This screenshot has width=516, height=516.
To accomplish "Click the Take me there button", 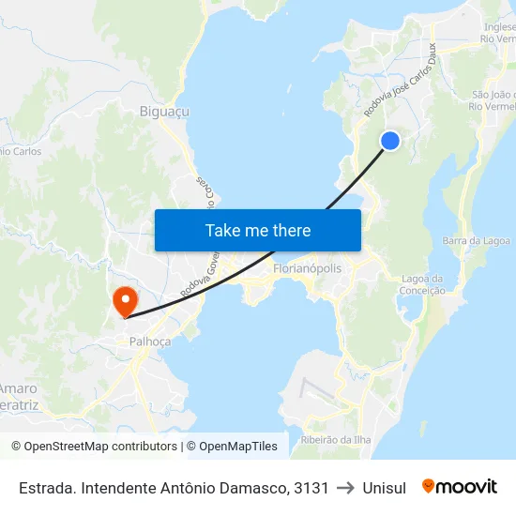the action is coord(258,230).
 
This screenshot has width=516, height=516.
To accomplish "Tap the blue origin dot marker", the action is coord(390,141).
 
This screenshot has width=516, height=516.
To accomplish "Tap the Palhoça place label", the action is coord(150,341).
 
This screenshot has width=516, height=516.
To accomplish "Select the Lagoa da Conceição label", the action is coord(422,284).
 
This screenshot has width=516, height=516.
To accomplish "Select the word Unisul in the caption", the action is coord(384,488).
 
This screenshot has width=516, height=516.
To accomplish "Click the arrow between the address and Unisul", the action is coord(345,488).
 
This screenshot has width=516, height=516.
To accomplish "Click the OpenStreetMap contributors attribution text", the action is coord(99,447).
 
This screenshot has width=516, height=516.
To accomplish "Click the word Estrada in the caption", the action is coord(48,488).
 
